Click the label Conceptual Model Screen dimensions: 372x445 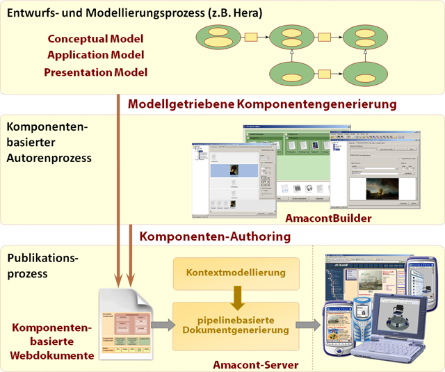pos(95,40)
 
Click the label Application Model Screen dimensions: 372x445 pos(95,56)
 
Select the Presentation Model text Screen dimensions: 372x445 pos(95,72)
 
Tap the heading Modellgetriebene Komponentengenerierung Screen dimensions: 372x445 pos(261,104)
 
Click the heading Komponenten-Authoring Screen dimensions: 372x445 pos(215,236)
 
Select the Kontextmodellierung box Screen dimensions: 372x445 pos(236,273)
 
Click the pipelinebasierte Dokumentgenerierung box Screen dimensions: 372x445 pos(236,324)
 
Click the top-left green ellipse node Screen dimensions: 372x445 pos(218,35)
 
